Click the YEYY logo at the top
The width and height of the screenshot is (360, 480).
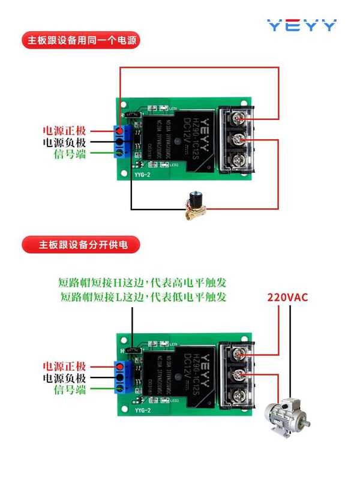click(302, 26)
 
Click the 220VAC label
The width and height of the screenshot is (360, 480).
click(287, 296)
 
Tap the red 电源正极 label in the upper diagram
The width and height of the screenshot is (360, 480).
click(64, 130)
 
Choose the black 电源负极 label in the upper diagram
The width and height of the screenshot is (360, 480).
click(64, 142)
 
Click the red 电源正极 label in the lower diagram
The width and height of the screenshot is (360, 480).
click(64, 366)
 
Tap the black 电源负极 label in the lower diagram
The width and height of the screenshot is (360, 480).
click(64, 378)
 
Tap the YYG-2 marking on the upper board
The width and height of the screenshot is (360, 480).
click(142, 175)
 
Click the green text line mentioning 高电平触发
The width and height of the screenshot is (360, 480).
click(143, 282)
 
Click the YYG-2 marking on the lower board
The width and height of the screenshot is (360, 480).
click(142, 411)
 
